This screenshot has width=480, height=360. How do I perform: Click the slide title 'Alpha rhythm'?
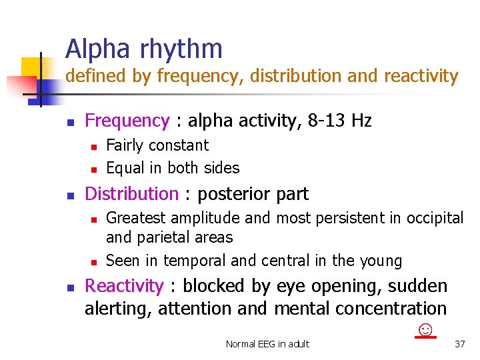143,49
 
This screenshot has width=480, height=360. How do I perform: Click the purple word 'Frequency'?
127,121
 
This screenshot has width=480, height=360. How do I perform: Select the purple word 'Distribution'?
132,194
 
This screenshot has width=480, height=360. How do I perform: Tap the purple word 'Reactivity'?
124,286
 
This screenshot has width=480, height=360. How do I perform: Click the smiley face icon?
425,330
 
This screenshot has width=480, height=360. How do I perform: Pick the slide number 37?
459,344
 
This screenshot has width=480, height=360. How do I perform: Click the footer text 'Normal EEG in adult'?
267,344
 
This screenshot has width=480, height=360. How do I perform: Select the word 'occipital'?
437,218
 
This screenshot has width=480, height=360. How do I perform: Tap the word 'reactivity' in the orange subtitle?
421,77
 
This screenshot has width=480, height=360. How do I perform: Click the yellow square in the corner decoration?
31,67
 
